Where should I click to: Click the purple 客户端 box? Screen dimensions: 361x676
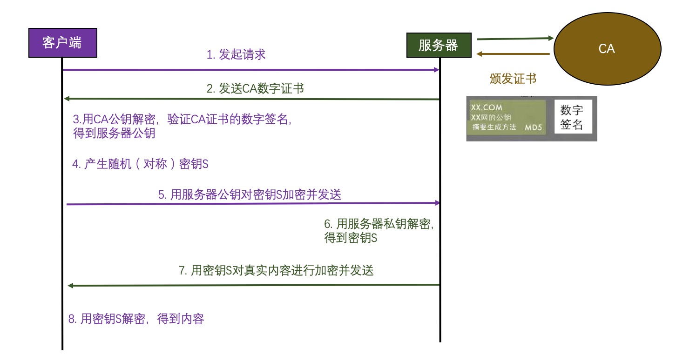(62, 43)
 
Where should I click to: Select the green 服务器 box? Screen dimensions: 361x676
(439, 45)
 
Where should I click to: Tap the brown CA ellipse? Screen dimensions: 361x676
(607, 48)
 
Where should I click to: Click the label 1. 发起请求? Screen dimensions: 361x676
(236, 54)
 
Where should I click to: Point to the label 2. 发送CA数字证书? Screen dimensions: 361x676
(255, 88)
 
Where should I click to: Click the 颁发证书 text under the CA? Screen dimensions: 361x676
(513, 79)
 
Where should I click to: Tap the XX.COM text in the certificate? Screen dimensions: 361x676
(487, 107)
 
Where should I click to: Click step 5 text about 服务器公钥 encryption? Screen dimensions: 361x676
(250, 195)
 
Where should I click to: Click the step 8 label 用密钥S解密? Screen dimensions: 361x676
(136, 319)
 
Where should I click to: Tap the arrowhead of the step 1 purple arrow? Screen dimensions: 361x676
(436, 70)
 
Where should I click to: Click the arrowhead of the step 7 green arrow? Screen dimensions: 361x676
(71, 285)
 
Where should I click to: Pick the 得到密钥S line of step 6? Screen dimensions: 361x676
(351, 239)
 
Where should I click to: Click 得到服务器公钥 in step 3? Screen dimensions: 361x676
(114, 134)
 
